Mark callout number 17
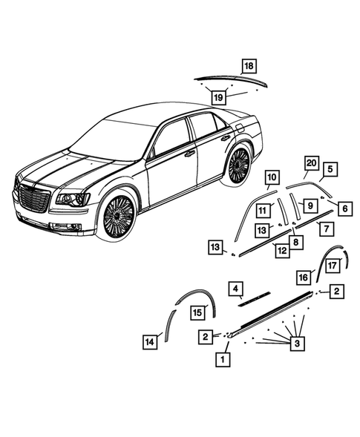(333, 263)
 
